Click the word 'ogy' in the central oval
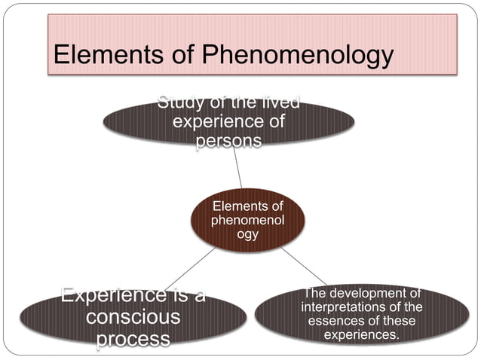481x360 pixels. [247, 234]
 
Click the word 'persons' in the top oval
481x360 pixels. [228, 141]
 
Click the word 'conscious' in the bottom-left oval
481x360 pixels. [133, 316]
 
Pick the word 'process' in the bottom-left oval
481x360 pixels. [133, 338]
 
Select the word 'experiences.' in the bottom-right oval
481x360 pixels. [361, 334]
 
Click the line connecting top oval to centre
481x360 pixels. [237, 167]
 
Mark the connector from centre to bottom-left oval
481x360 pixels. [188, 270]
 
